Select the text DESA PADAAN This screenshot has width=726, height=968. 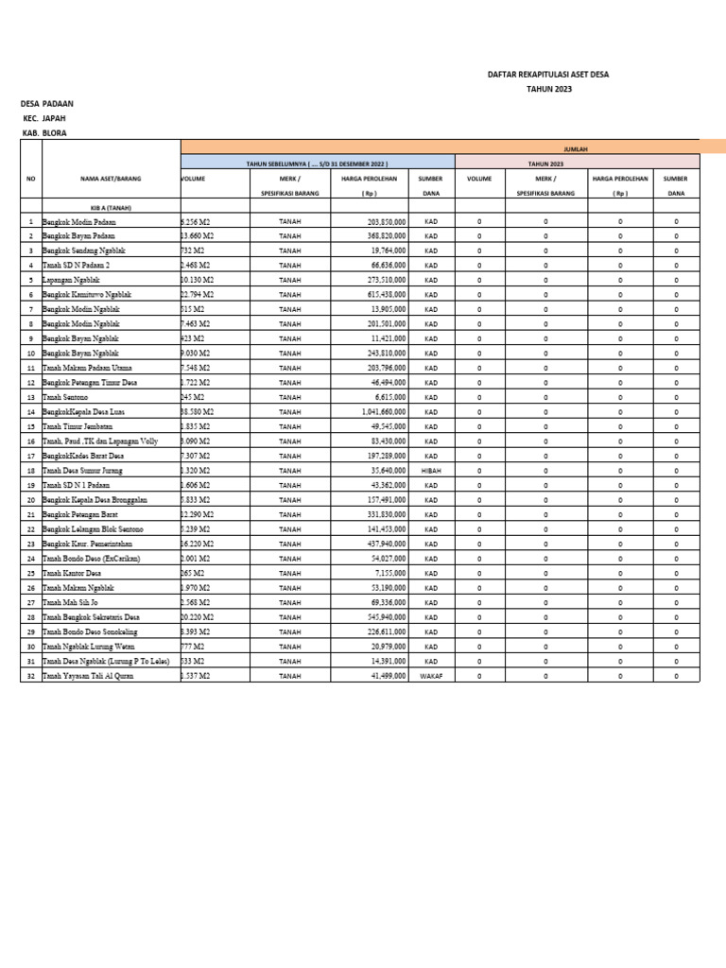coord(47,103)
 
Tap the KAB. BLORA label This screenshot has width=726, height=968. coord(44,133)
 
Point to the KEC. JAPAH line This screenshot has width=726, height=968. coord(44,118)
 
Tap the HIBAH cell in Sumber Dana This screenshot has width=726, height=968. coord(430,469)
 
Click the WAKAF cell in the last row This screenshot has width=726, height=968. coord(430,676)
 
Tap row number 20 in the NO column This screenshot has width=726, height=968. coord(30,499)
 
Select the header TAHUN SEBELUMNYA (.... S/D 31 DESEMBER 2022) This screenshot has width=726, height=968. coord(318,164)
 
